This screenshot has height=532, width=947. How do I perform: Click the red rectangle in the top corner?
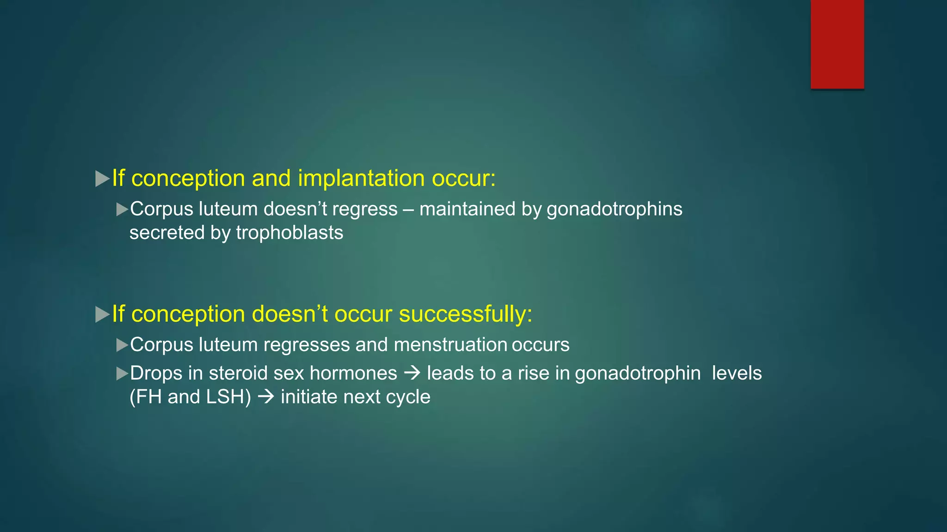pyautogui.click(x=837, y=44)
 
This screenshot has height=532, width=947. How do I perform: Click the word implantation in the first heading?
pyautogui.click(x=361, y=178)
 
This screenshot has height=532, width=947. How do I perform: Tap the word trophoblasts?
pyautogui.click(x=289, y=233)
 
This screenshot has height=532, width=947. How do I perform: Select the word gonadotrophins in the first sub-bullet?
pyautogui.click(x=614, y=209)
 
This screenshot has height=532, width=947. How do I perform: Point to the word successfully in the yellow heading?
pyautogui.click(x=465, y=314)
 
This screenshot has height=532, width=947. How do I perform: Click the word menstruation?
pyautogui.click(x=450, y=345)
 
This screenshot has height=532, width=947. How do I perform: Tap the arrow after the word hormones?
pyautogui.click(x=412, y=373)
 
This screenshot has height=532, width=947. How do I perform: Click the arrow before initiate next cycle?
pyautogui.click(x=266, y=397)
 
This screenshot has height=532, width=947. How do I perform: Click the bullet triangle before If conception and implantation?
pyautogui.click(x=102, y=179)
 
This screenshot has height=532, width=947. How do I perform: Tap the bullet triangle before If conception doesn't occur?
pyautogui.click(x=102, y=314)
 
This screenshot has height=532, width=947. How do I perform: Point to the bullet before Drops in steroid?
pyautogui.click(x=122, y=374)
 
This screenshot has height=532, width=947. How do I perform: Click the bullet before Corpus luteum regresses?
pyautogui.click(x=122, y=345)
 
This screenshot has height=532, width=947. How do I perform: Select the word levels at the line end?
pyautogui.click(x=736, y=373)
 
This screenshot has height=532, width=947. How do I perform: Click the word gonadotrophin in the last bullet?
pyautogui.click(x=638, y=373)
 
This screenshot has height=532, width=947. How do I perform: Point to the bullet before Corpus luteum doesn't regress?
pyautogui.click(x=122, y=210)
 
